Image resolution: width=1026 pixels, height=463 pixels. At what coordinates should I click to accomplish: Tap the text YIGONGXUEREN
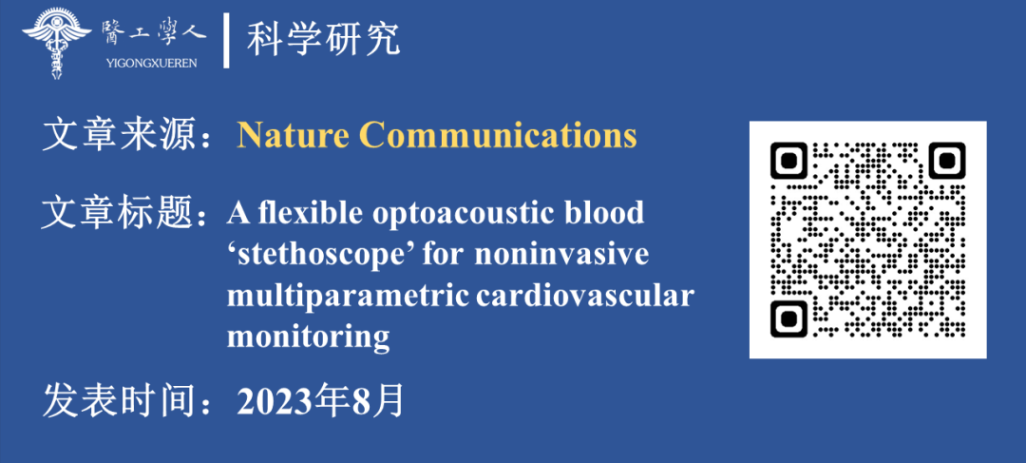click(x=150, y=64)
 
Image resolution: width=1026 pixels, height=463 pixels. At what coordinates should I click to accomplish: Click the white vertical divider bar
click(x=226, y=41)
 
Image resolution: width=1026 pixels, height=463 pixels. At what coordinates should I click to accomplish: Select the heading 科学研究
click(x=323, y=40)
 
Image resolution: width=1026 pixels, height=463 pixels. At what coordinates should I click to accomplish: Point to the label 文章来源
click(x=117, y=137)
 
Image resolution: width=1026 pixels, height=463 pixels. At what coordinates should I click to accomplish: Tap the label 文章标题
click(x=117, y=214)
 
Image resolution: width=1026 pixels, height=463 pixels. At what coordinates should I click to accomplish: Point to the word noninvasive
click(x=561, y=256)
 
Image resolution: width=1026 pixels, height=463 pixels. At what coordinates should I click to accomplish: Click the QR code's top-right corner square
click(x=946, y=161)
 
